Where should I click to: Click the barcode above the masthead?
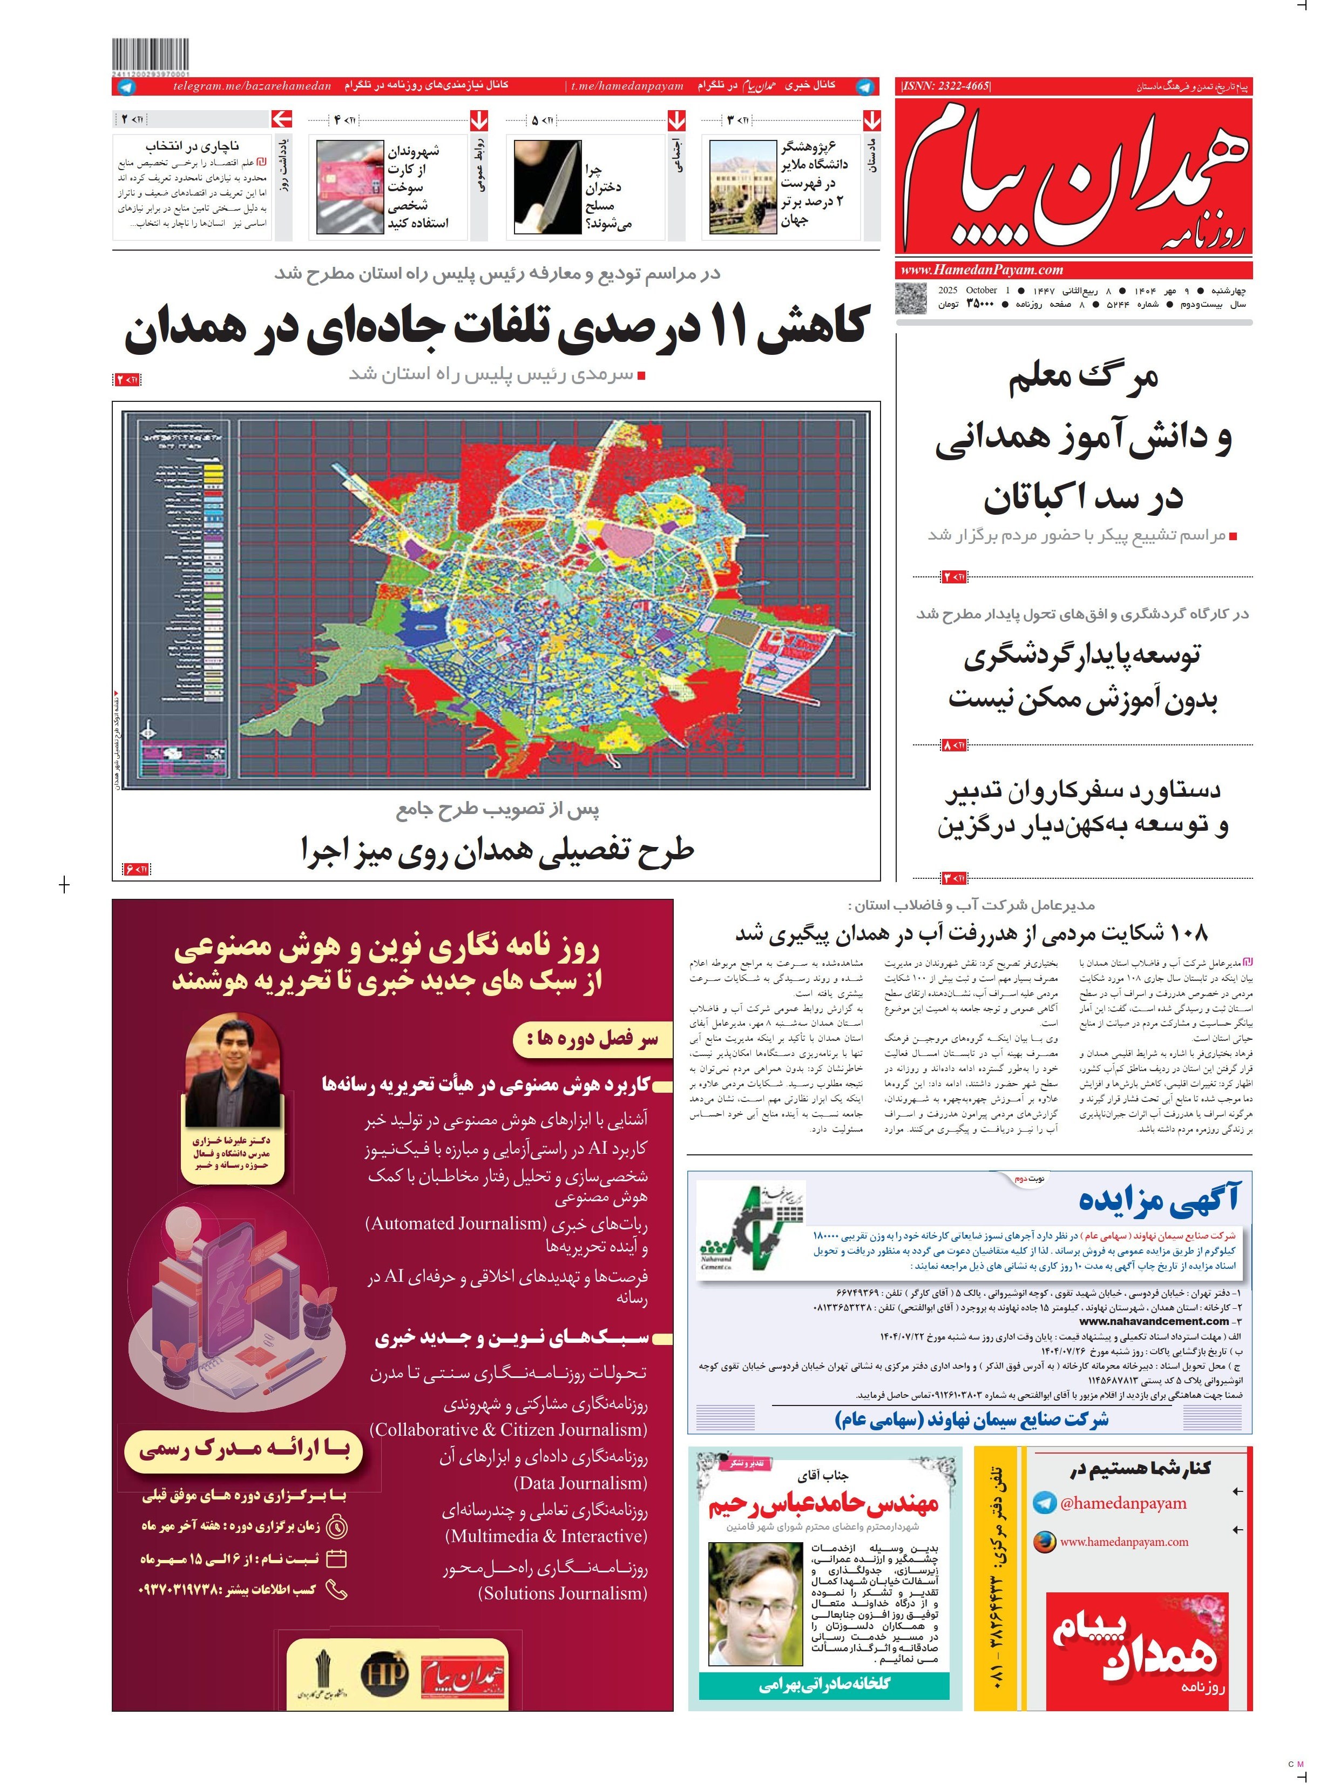coord(151,56)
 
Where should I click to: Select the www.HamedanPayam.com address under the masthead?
coord(981,270)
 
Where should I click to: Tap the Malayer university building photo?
coord(743,187)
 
